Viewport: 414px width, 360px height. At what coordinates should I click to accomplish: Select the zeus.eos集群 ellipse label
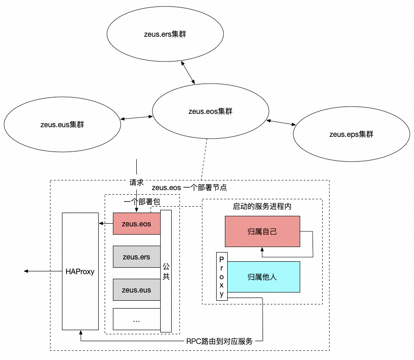pyautogui.click(x=211, y=111)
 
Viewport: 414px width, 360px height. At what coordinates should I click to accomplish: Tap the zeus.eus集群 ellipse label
pyautogui.click(x=62, y=124)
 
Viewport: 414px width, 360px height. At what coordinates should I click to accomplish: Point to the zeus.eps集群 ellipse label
pyautogui.click(x=351, y=135)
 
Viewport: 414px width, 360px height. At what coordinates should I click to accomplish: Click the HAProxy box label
pyautogui.click(x=80, y=271)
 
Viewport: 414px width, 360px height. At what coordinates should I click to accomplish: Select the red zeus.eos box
pyautogui.click(x=136, y=224)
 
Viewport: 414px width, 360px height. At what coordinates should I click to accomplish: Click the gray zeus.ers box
pyautogui.click(x=136, y=257)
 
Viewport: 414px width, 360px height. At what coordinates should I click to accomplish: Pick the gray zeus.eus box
pyautogui.click(x=136, y=290)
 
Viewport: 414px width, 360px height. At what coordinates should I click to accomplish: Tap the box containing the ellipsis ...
pyautogui.click(x=136, y=319)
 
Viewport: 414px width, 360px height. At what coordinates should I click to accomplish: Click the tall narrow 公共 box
pyautogui.click(x=166, y=271)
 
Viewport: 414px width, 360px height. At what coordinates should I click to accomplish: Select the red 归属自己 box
pyautogui.click(x=262, y=231)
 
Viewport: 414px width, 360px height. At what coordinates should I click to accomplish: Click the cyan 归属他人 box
pyautogui.click(x=263, y=277)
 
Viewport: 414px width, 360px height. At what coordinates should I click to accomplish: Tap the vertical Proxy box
pyautogui.click(x=222, y=276)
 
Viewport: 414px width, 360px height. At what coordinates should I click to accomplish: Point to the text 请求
pyautogui.click(x=136, y=183)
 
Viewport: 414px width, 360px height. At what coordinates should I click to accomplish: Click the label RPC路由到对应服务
pyautogui.click(x=219, y=342)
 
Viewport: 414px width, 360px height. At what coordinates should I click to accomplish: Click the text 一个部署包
pyautogui.click(x=142, y=202)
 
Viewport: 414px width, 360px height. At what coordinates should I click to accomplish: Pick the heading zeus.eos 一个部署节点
pyautogui.click(x=189, y=188)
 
